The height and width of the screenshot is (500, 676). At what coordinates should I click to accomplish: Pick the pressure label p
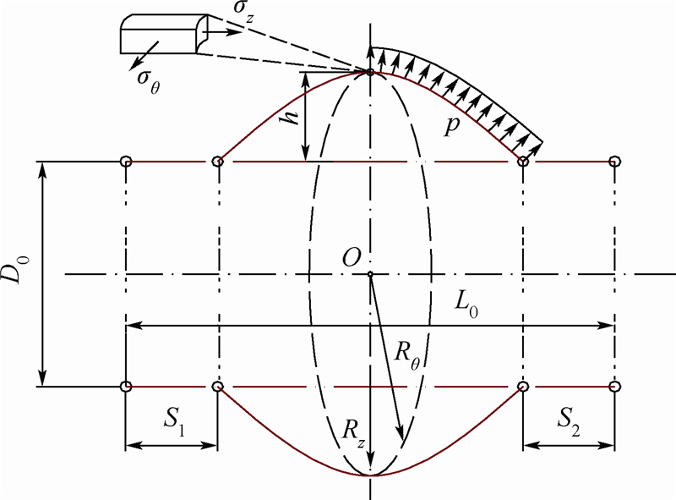(x=452, y=126)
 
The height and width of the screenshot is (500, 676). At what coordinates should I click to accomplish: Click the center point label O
(x=352, y=259)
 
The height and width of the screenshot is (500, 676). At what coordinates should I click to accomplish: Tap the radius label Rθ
(x=407, y=357)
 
